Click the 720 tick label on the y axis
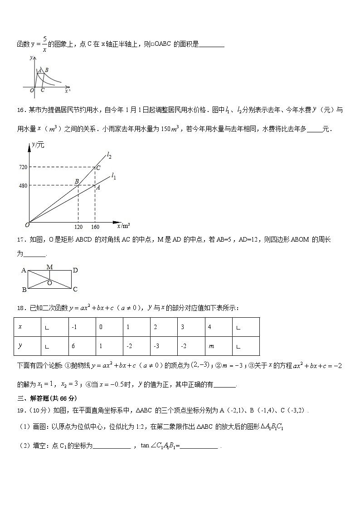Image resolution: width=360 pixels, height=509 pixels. click(23, 167)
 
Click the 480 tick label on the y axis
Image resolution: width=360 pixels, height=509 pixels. click(23, 185)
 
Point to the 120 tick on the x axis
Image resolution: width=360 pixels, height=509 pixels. click(78, 227)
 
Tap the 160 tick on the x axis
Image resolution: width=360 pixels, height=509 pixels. click(95, 227)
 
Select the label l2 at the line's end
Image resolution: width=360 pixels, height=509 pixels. click(109, 156)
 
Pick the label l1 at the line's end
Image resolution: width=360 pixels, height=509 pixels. click(114, 176)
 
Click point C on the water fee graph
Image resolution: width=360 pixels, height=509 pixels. click(97, 168)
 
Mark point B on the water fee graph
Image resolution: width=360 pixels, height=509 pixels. click(77, 181)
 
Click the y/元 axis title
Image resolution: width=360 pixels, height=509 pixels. click(38, 145)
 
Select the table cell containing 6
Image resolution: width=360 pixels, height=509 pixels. click(81, 346)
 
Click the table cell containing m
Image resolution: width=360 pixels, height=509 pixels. click(218, 346)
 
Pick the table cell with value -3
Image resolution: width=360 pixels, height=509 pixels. click(163, 346)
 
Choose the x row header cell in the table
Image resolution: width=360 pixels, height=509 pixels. click(27, 327)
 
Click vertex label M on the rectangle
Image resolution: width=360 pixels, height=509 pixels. click(50, 267)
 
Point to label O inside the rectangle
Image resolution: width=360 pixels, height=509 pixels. click(49, 283)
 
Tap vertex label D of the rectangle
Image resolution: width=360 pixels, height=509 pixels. click(75, 270)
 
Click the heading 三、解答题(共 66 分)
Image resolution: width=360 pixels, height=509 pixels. click(47, 398)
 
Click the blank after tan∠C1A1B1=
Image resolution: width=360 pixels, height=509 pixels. click(199, 446)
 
